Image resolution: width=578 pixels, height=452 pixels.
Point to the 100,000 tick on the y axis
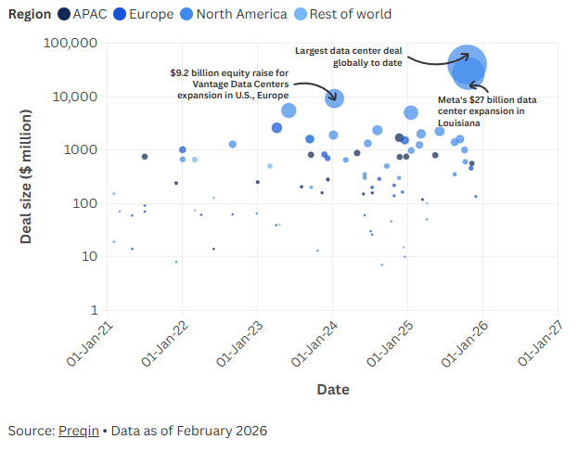72,44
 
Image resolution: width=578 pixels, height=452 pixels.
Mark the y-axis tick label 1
95,310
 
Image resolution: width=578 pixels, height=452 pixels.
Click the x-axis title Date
333,390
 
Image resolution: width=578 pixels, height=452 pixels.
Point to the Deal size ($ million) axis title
27,176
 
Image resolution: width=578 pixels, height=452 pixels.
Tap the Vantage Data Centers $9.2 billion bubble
334,98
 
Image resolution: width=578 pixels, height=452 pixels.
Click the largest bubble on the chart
468,64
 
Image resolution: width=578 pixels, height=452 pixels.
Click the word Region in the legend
31,14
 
